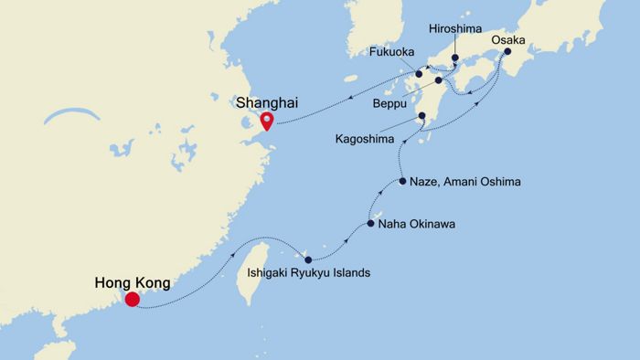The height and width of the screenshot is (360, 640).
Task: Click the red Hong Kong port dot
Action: point(133,299)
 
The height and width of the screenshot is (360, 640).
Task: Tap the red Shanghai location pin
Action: point(266,122)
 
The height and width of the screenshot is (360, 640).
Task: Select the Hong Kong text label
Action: point(132,283)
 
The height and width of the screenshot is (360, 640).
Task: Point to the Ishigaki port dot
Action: point(308,259)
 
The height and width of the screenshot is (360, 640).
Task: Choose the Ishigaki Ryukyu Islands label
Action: point(310,273)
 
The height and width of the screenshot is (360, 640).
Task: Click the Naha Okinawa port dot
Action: point(370,223)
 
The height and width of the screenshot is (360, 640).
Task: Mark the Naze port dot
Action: point(402,183)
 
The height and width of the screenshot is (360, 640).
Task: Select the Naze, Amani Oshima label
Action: point(465,183)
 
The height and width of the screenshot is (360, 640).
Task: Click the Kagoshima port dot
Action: point(421,116)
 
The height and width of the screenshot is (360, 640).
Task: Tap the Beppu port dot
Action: point(438,80)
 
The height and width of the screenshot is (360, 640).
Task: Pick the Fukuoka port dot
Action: point(419,74)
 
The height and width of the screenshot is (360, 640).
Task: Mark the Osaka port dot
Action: point(506,53)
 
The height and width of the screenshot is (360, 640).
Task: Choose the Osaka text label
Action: point(508,40)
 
